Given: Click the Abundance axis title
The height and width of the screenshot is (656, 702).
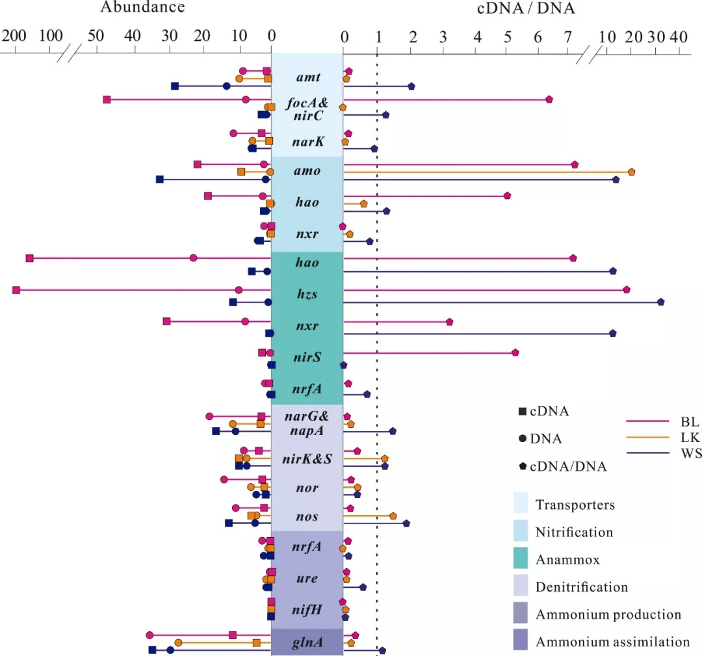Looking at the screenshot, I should [142, 8].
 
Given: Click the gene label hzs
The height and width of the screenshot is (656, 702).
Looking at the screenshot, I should [307, 294].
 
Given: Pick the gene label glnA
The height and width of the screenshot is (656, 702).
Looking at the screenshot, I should [307, 642].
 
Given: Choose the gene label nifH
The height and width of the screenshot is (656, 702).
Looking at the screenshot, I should [307, 609].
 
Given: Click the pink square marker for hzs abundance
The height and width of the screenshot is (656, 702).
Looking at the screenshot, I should [16, 290].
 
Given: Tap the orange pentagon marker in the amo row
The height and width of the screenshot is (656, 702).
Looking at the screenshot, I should [631, 172].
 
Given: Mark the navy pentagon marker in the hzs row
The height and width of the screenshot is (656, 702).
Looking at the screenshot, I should [661, 302].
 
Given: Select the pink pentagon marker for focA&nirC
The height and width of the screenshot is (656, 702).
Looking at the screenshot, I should [549, 99].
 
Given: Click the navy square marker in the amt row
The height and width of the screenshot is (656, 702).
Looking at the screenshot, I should [175, 86].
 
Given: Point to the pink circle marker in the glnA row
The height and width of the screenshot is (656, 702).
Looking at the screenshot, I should [149, 635].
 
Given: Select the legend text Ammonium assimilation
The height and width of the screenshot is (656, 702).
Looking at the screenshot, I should [612, 642].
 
